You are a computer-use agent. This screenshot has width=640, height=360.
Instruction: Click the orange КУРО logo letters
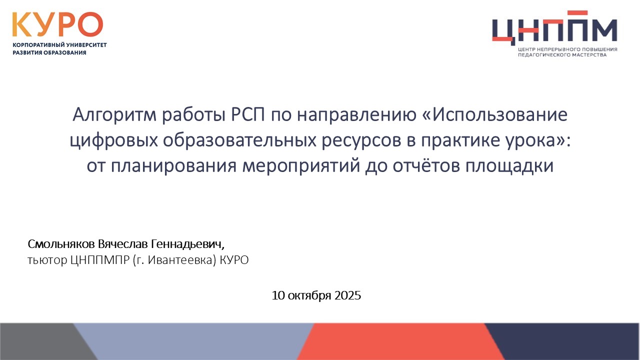tap(57, 24)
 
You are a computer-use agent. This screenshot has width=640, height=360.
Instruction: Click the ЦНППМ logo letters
tap(554, 28)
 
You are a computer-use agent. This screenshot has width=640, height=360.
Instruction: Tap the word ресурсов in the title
tap(361, 141)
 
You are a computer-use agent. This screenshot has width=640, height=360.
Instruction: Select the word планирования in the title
tap(173, 166)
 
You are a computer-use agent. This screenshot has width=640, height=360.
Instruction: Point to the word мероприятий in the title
tap(301, 166)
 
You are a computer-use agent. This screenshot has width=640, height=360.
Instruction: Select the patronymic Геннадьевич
tap(187, 244)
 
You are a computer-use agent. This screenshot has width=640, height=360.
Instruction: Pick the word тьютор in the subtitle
tap(47, 260)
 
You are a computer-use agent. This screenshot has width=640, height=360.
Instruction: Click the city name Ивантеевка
tap(181, 260)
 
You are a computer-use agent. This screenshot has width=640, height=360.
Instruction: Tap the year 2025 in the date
tap(347, 295)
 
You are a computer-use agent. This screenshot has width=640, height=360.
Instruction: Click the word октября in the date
tap(309, 296)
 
